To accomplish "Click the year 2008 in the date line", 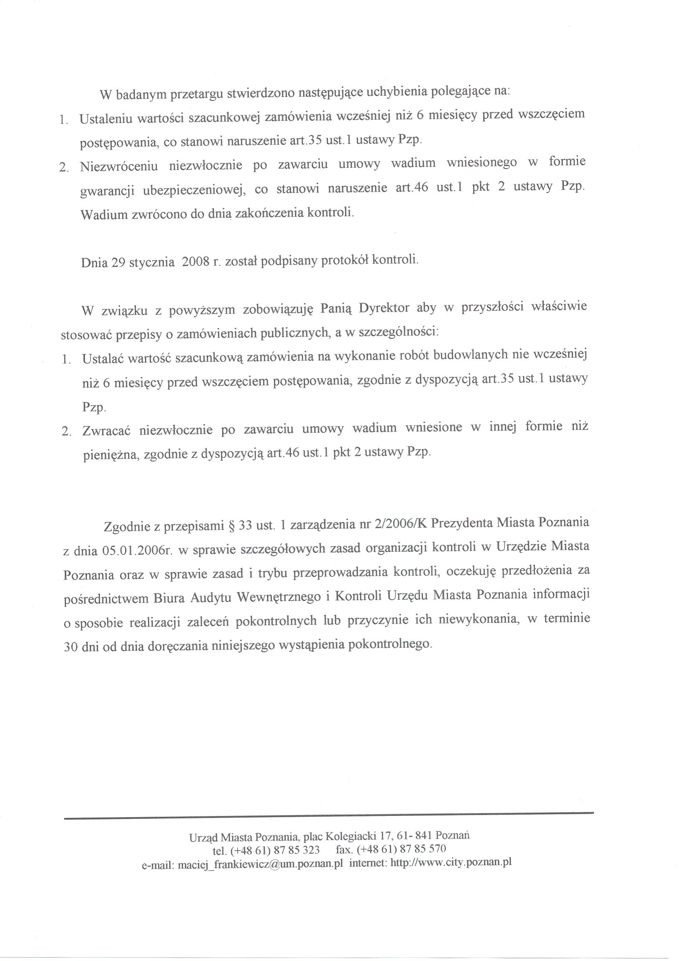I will coord(196,262).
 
